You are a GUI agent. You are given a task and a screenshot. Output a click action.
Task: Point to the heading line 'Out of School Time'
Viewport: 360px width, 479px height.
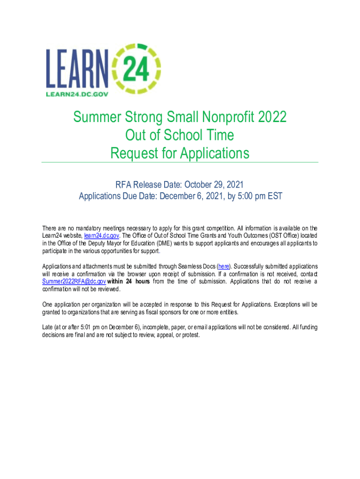coord(180,135)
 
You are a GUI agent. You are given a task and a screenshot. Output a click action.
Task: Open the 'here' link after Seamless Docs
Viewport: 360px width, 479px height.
coord(223,266)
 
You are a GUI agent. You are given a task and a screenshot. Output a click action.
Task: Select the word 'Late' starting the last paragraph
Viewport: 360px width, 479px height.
coord(47,327)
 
